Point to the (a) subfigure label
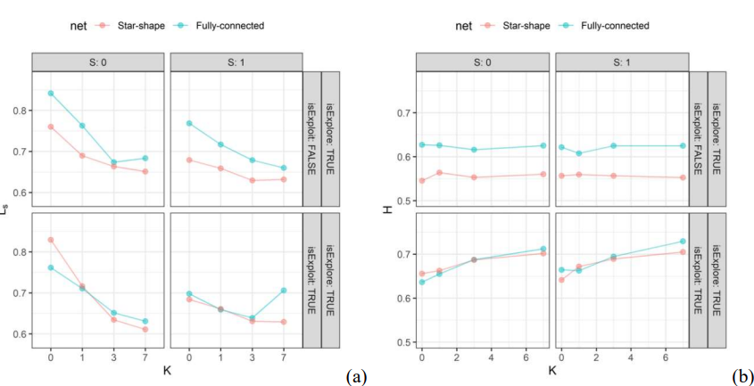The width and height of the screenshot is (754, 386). (x=356, y=376)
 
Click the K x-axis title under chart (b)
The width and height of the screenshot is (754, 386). (x=552, y=368)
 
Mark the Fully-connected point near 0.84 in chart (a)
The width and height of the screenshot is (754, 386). (x=51, y=93)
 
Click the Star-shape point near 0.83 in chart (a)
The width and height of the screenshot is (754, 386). (x=51, y=240)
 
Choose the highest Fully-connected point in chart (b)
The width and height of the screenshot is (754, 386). (x=683, y=242)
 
